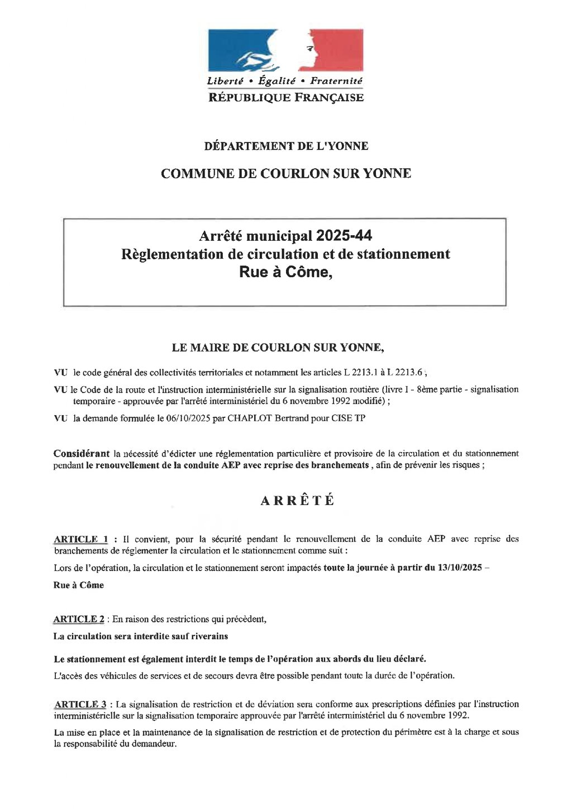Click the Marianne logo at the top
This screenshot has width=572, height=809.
(285, 50)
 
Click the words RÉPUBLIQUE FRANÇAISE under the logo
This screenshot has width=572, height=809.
(285, 98)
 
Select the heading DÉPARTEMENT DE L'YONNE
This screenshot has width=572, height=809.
(286, 146)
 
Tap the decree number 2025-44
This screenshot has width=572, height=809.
(344, 236)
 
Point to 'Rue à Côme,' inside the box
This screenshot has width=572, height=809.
(285, 272)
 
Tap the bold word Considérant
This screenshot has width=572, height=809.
(82, 453)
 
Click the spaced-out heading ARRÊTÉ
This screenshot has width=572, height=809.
(298, 501)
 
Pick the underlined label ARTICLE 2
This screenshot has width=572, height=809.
(79, 619)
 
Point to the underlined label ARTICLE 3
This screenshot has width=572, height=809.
(80, 705)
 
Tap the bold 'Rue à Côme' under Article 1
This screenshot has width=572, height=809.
(79, 585)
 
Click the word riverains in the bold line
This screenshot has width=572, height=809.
(209, 636)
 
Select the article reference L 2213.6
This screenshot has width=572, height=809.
(404, 372)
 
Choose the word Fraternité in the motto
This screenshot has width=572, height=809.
(336, 81)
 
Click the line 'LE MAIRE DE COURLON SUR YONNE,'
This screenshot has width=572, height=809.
(278, 348)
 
